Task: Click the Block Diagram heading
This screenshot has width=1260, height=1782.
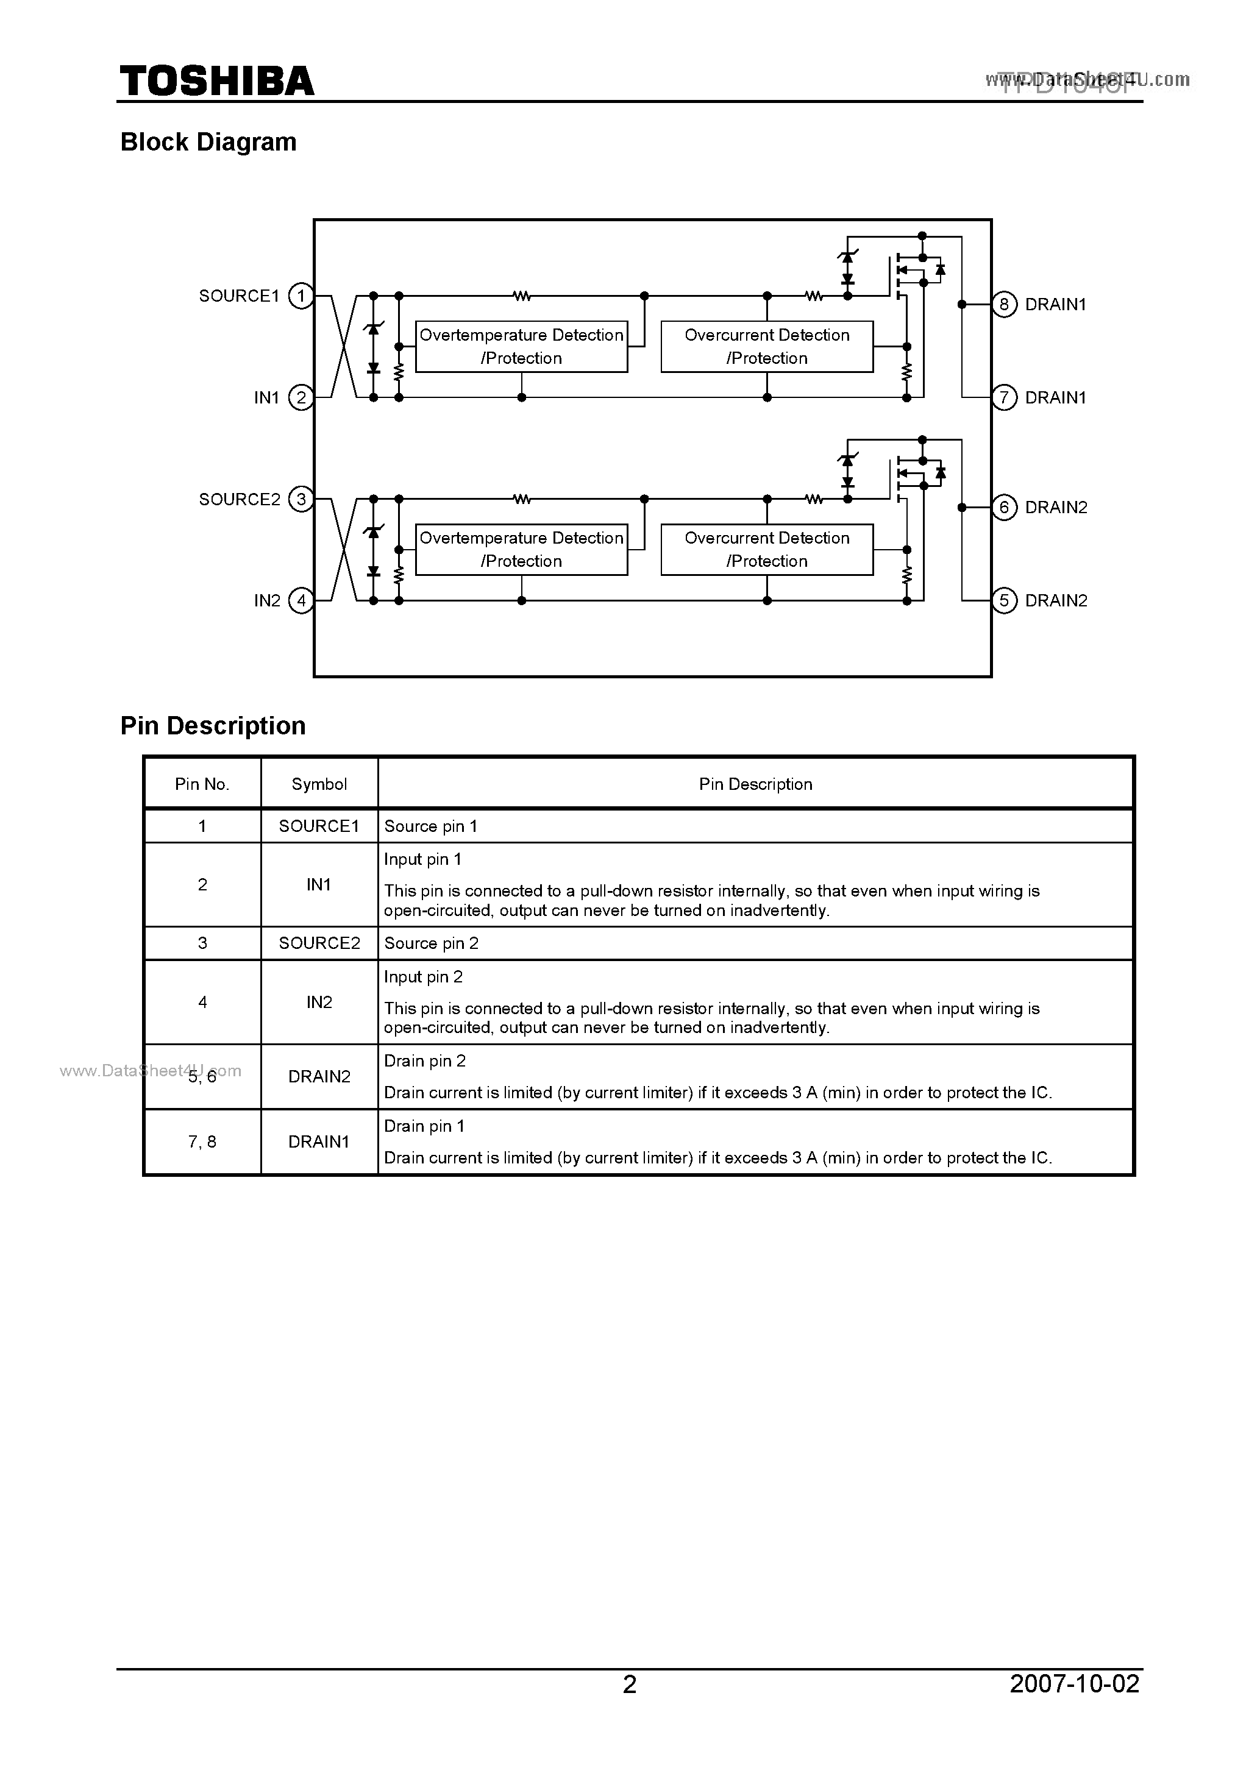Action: (x=208, y=142)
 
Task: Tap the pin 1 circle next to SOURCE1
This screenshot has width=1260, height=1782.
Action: (x=301, y=296)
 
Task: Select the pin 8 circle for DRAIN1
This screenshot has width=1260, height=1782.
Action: (x=1004, y=304)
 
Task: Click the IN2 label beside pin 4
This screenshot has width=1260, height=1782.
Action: (x=267, y=601)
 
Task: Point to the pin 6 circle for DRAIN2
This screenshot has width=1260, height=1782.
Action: (x=1004, y=508)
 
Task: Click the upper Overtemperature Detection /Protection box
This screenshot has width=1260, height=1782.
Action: (x=521, y=347)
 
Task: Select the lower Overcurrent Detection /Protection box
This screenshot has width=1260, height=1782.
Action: (x=766, y=550)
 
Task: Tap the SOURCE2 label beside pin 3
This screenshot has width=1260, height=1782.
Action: (x=239, y=499)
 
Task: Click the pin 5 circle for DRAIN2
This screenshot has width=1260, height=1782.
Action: (x=1004, y=601)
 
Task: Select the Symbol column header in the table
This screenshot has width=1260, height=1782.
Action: (x=319, y=784)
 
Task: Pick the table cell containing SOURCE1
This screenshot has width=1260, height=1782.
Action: (x=319, y=826)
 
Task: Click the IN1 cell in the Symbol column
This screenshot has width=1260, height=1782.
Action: (x=319, y=885)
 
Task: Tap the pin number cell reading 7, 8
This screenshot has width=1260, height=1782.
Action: (x=202, y=1141)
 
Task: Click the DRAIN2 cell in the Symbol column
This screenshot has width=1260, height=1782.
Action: (x=319, y=1076)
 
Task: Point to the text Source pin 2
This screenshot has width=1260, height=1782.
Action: (x=431, y=943)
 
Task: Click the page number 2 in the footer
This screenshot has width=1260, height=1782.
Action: (x=630, y=1683)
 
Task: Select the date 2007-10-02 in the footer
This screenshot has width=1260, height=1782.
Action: (x=1075, y=1683)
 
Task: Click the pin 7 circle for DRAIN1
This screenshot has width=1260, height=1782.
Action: (x=1004, y=398)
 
